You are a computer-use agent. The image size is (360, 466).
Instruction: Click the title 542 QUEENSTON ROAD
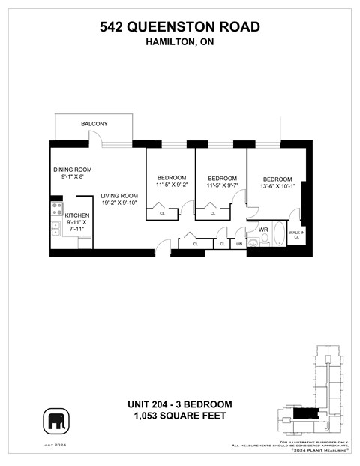click(180, 27)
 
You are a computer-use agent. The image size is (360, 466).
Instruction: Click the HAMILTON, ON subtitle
click(180, 43)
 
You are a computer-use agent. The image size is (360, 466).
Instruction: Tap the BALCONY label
click(94, 124)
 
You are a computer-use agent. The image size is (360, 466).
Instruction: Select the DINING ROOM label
click(72, 170)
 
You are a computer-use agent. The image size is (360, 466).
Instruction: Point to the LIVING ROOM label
click(121, 197)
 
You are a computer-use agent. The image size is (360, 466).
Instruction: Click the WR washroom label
click(263, 230)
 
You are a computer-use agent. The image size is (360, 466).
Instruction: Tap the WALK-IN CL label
click(296, 236)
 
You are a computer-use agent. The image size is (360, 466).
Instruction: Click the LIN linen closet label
click(239, 244)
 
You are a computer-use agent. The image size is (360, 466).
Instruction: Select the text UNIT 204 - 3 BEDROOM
click(180, 404)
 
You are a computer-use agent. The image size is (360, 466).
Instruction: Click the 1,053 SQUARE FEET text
click(180, 416)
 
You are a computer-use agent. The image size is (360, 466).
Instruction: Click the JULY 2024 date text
click(56, 446)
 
